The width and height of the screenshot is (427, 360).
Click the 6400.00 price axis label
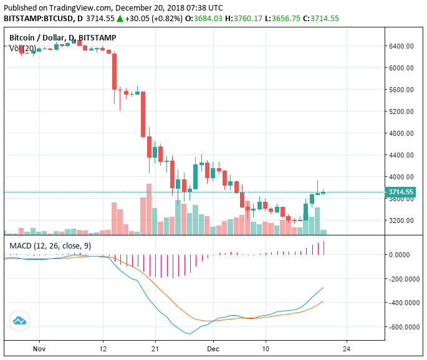pos(403,46)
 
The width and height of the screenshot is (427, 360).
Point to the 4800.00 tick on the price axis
pos(403,133)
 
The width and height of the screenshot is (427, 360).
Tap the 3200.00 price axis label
pos(403,220)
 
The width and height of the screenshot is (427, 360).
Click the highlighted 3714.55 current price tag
pos(401,192)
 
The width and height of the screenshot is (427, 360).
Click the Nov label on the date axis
pos(39,350)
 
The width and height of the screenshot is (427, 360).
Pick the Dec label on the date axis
pos(213,350)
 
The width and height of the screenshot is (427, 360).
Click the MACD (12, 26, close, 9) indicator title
pos(50,246)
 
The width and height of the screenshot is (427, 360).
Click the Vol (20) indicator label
pos(22,49)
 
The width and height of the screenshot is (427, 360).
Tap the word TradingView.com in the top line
pos(78,7)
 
